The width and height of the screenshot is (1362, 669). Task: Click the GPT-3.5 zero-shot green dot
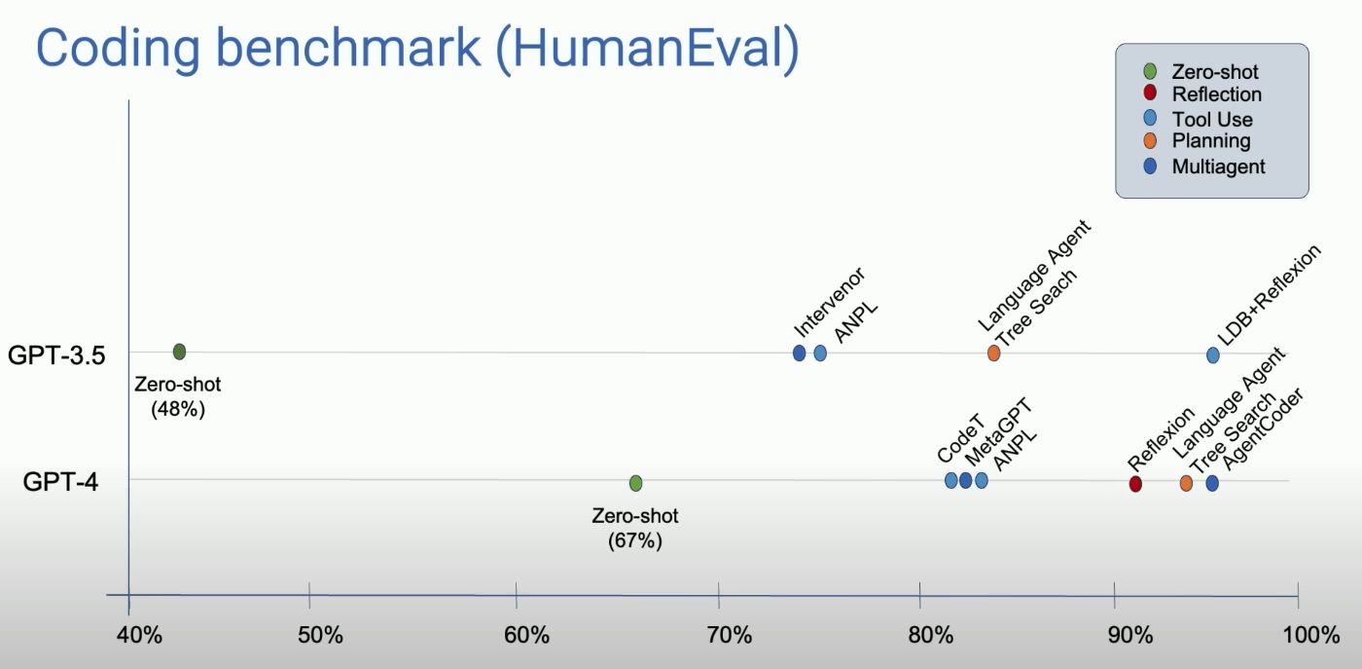pyautogui.click(x=179, y=352)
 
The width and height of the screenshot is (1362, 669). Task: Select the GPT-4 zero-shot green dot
pyautogui.click(x=635, y=483)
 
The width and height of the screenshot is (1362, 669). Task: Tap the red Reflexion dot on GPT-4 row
pyautogui.click(x=1135, y=484)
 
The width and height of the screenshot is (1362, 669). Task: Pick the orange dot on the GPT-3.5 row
pyautogui.click(x=993, y=353)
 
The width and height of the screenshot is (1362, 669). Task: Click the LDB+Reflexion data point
pyautogui.click(x=1212, y=354)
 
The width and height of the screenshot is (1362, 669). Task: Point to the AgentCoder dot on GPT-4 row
pyautogui.click(x=1212, y=483)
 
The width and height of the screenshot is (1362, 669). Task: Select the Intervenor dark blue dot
pyautogui.click(x=799, y=353)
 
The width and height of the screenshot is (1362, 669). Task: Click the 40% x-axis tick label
pyautogui.click(x=139, y=635)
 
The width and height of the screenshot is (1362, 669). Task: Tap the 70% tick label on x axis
pyautogui.click(x=729, y=635)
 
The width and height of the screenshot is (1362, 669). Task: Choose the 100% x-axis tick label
pyautogui.click(x=1311, y=635)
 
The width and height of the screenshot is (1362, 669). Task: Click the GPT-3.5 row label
pyautogui.click(x=56, y=354)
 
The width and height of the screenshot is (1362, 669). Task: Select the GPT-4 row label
pyautogui.click(x=60, y=481)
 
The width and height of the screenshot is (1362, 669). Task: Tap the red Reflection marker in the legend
pyautogui.click(x=1150, y=93)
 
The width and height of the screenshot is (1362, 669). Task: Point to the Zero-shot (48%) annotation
pyautogui.click(x=177, y=396)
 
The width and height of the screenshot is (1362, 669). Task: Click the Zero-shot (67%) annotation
pyautogui.click(x=634, y=528)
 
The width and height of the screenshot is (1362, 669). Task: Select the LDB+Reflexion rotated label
pyautogui.click(x=1269, y=294)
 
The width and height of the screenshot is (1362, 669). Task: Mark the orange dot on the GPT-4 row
pyautogui.click(x=1186, y=483)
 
